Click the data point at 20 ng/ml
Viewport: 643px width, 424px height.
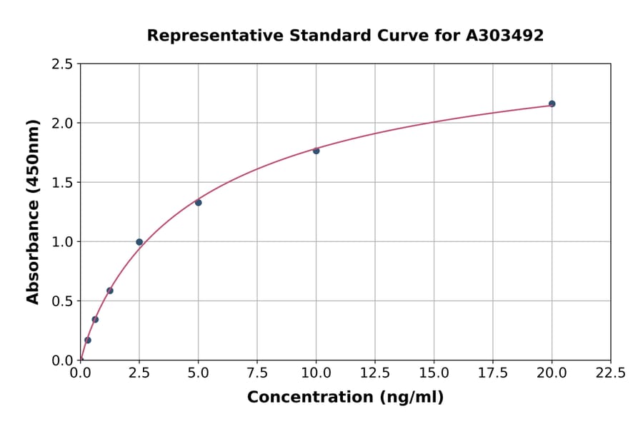click(x=552, y=104)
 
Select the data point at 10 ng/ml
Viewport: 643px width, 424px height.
click(x=316, y=151)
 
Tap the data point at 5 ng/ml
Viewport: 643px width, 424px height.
click(x=198, y=203)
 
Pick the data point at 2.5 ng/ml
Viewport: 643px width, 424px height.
click(x=139, y=242)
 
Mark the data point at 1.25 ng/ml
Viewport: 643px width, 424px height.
click(x=110, y=291)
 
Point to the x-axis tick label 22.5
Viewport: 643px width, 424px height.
click(x=610, y=373)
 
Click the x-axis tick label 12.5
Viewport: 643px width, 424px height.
click(x=375, y=373)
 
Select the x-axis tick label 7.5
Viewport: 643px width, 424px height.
click(x=257, y=373)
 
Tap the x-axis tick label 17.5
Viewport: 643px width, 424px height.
click(x=493, y=373)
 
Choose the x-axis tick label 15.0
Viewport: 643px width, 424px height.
click(x=434, y=373)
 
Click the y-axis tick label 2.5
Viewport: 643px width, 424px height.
click(x=62, y=64)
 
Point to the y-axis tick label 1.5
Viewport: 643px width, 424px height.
click(x=62, y=183)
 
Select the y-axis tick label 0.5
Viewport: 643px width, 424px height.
click(x=62, y=301)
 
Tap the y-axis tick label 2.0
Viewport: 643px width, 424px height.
click(x=62, y=123)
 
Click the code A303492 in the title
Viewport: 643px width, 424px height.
click(x=505, y=35)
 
